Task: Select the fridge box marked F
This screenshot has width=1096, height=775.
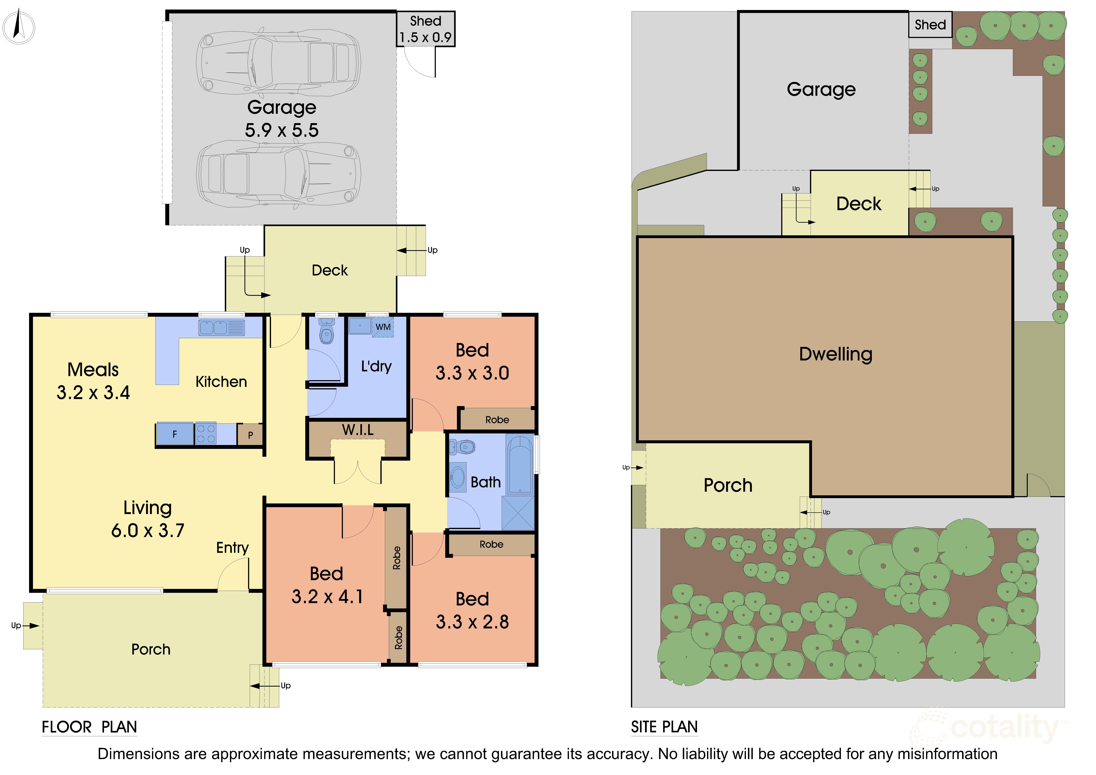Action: pos(175,434)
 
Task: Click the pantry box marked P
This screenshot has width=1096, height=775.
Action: pos(250,435)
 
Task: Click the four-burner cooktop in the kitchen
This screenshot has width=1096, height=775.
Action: pos(206,434)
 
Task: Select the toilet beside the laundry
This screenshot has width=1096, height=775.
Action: pos(326,331)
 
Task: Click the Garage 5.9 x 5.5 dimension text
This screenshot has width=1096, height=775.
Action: pos(282,130)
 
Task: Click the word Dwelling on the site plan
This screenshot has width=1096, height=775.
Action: pos(836,354)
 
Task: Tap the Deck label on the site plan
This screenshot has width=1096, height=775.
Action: pos(859,204)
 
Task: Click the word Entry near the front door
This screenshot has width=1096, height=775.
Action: pos(232,548)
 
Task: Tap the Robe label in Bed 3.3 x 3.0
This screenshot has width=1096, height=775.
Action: pos(497,420)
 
